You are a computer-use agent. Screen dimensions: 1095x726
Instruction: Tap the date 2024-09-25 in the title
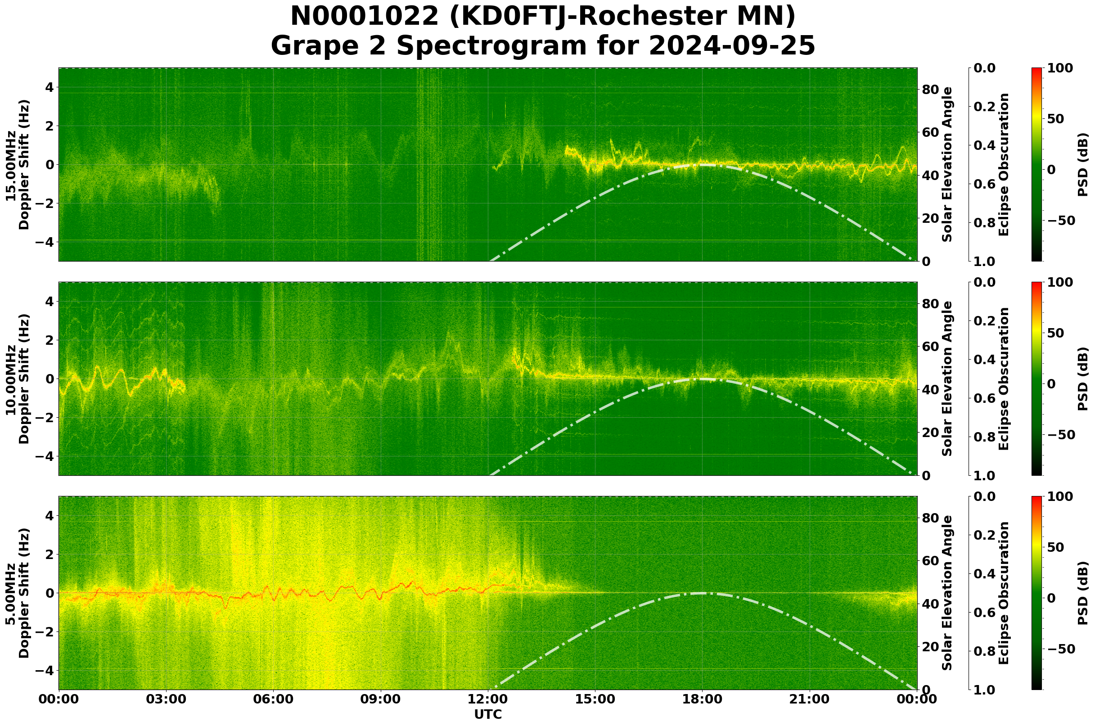click(x=731, y=46)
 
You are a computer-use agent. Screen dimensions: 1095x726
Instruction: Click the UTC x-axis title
click(x=487, y=714)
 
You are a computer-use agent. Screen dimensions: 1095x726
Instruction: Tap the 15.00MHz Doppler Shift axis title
click(x=18, y=165)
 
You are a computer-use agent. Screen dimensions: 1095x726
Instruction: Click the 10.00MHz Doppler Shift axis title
click(x=18, y=379)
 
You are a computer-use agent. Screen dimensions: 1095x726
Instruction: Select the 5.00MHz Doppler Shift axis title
click(x=18, y=593)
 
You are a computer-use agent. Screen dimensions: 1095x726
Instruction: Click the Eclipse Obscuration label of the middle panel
click(x=1003, y=379)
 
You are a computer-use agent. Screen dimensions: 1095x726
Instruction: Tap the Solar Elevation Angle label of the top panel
click(x=947, y=165)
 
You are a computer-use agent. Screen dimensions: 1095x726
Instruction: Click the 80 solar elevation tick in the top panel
click(x=930, y=90)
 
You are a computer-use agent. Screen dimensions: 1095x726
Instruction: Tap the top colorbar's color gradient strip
click(x=1037, y=165)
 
